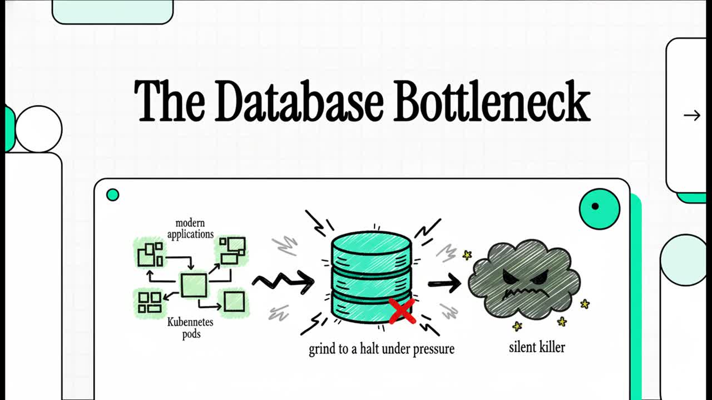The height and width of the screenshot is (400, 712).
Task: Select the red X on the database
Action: [x=402, y=312]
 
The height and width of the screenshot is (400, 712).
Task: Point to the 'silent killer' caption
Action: [x=537, y=348]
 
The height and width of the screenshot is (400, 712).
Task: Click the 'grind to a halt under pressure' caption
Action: [x=382, y=349]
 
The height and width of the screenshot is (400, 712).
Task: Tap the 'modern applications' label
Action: [x=190, y=228]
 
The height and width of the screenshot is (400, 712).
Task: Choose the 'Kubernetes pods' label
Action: [x=190, y=328]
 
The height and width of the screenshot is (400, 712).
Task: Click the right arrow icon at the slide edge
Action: [x=692, y=115]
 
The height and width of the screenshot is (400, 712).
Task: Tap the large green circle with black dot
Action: [x=599, y=209]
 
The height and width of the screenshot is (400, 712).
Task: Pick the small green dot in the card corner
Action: [x=112, y=194]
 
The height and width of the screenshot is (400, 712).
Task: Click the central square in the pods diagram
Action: [x=194, y=285]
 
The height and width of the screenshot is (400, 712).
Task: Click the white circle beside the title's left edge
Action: [x=39, y=129]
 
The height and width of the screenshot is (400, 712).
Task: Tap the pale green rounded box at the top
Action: [x=112, y=11]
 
